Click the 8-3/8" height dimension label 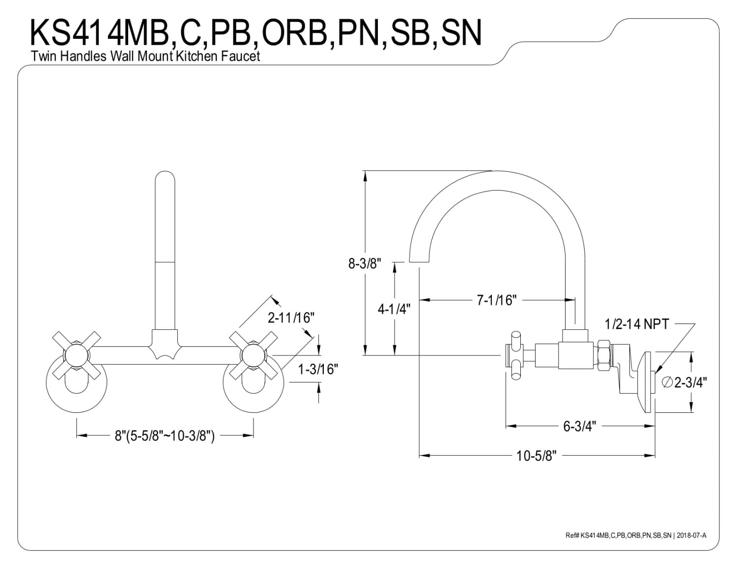coord(365,264)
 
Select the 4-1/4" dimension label coord(394,309)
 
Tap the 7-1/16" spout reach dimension coord(497,299)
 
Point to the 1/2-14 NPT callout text coord(637,324)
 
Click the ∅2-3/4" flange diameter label coord(685,382)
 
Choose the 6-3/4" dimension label coord(579,426)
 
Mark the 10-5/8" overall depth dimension coord(536,456)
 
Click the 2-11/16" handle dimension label coord(290,318)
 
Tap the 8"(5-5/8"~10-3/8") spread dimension coord(165,435)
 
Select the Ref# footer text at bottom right coord(636,536)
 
